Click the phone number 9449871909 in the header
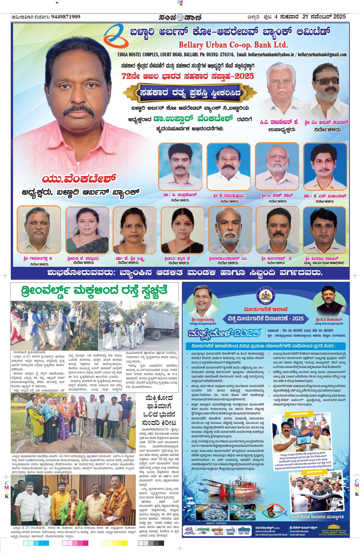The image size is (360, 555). point(66,17)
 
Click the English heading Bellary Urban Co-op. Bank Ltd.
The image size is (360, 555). point(233,45)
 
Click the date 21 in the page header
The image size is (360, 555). point(305,17)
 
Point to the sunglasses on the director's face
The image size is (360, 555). point(327,81)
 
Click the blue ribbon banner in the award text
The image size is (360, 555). point(190,93)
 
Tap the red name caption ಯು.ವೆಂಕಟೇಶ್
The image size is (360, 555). point(79,179)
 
